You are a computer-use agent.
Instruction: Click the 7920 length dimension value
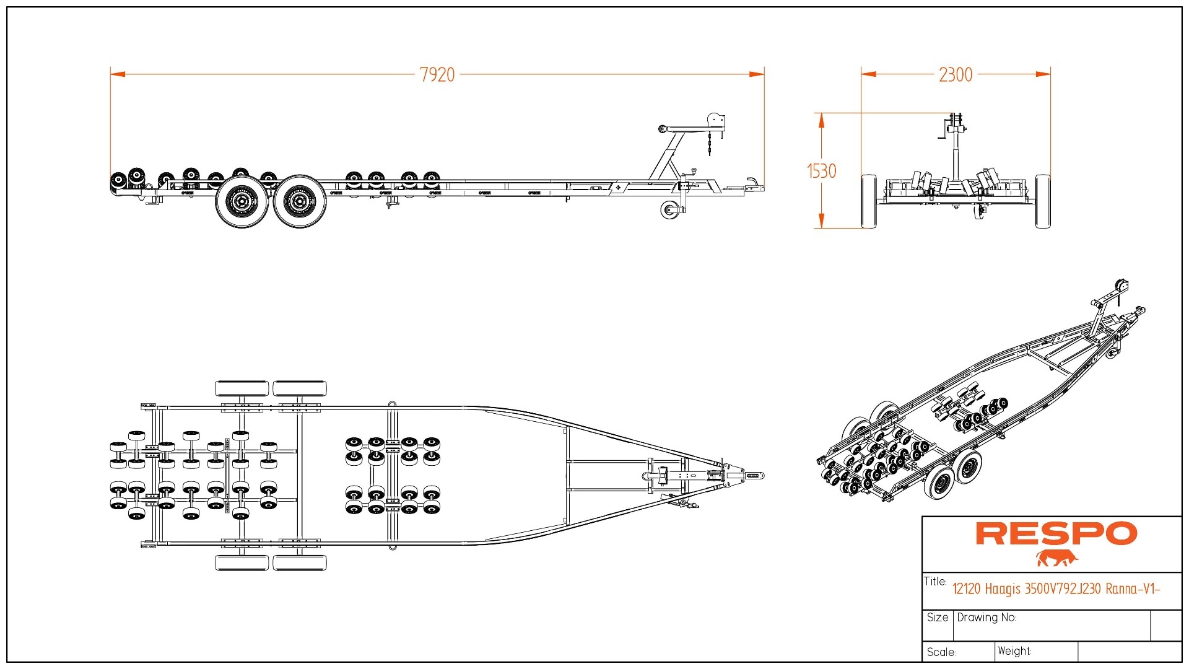[x=437, y=75]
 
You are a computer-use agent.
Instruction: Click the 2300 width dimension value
[x=956, y=75]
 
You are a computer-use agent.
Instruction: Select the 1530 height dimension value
[x=822, y=171]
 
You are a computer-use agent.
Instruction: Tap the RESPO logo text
[x=1056, y=533]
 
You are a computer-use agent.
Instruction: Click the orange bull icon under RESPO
[x=1057, y=558]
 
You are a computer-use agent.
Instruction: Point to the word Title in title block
[x=935, y=581]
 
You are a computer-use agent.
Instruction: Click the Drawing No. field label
[x=986, y=618]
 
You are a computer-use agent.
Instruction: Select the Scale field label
[x=941, y=652]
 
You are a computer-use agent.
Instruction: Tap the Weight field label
[x=1014, y=651]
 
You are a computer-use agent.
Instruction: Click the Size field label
[x=938, y=618]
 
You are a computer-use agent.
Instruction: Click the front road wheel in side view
[x=300, y=201]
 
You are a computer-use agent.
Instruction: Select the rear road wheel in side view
[x=242, y=201]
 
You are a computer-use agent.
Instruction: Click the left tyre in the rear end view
[x=869, y=201]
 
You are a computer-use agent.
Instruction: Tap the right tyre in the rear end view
[x=1043, y=201]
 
